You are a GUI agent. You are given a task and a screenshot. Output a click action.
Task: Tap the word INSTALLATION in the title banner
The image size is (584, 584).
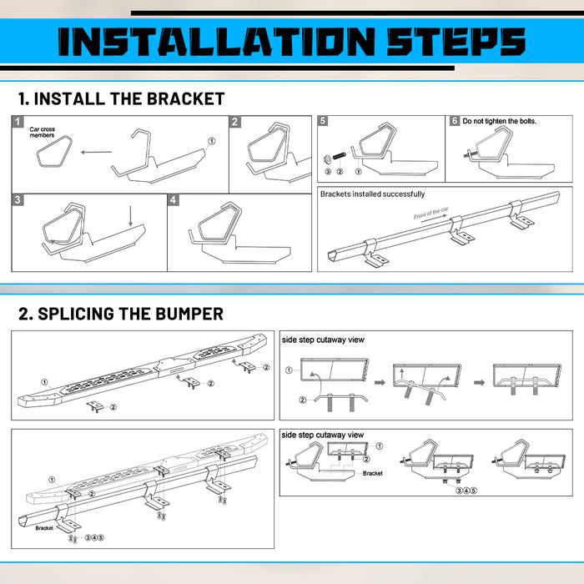click(214, 42)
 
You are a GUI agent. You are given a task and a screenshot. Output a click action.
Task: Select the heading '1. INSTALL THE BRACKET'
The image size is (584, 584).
click(122, 98)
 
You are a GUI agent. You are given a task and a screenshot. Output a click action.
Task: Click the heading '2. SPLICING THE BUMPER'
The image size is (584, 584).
click(121, 314)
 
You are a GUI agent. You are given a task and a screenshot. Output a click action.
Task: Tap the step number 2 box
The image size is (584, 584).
click(235, 122)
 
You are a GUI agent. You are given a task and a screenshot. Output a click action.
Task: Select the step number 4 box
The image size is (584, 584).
click(174, 201)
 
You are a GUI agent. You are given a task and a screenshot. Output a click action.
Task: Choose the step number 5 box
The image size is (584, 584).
click(323, 121)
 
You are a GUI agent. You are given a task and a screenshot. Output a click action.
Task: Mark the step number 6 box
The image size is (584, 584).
click(454, 121)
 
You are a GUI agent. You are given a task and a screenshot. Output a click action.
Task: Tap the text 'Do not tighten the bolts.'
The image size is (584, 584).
click(500, 121)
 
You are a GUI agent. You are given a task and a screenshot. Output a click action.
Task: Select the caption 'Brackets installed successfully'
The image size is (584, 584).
click(372, 194)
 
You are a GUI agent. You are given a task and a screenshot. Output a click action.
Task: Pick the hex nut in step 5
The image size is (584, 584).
click(328, 159)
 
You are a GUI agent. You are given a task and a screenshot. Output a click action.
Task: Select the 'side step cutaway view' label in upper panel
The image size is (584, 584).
click(323, 340)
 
